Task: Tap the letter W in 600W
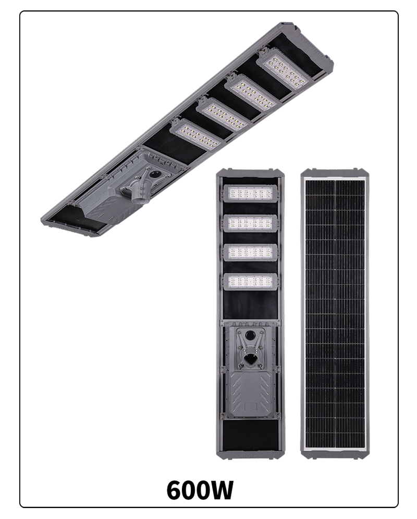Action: pos(220,490)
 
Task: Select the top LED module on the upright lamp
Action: pos(250,193)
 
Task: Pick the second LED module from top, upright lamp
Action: pos(250,223)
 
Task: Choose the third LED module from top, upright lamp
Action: pos(250,252)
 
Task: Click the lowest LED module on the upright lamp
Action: pos(250,282)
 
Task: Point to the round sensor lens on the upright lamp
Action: pos(250,335)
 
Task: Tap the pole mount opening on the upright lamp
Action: pos(250,359)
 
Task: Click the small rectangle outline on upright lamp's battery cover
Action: pos(251,407)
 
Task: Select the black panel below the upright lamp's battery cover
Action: pos(250,435)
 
